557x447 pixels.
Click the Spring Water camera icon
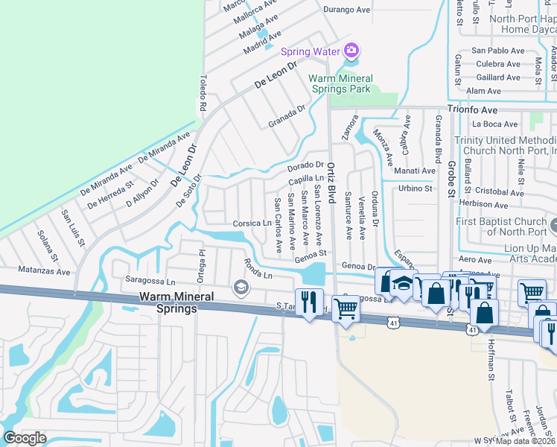[351, 51]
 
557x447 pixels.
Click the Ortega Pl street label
[201, 262]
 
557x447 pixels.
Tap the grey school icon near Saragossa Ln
[241, 287]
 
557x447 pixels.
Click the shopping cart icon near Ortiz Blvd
[346, 307]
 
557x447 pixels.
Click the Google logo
[25, 438]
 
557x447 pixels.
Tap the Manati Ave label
[416, 171]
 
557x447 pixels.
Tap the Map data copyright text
[526, 441]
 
